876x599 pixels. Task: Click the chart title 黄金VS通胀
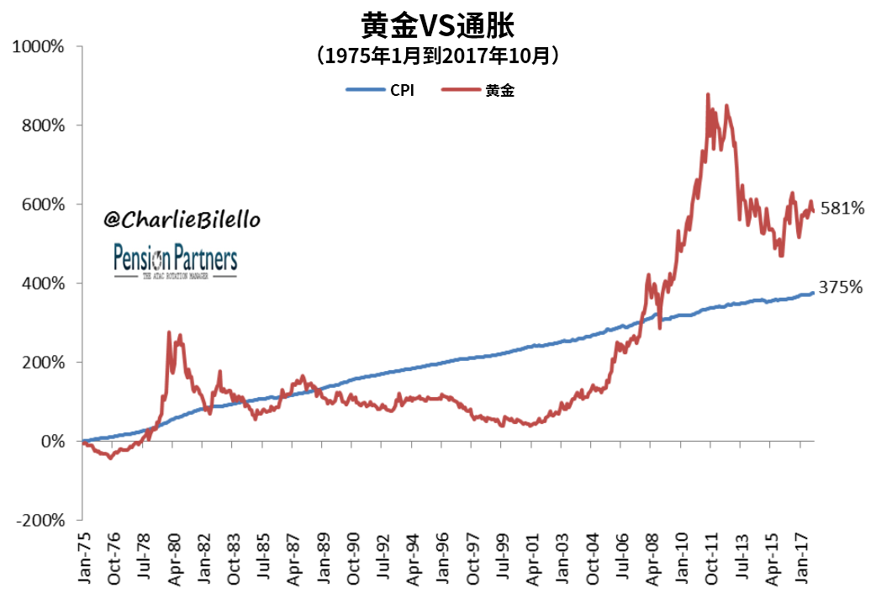click(438, 25)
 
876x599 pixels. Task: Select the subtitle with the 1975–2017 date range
click(438, 56)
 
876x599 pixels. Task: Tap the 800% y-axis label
click(43, 125)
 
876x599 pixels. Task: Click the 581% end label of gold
click(842, 209)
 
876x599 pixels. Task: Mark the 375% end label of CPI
click(842, 288)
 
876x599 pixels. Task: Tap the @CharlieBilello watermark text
click(182, 220)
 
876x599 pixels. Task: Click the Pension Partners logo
click(176, 261)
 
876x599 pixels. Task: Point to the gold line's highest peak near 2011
click(708, 94)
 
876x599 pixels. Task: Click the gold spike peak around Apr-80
click(169, 333)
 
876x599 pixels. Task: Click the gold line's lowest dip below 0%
click(110, 458)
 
